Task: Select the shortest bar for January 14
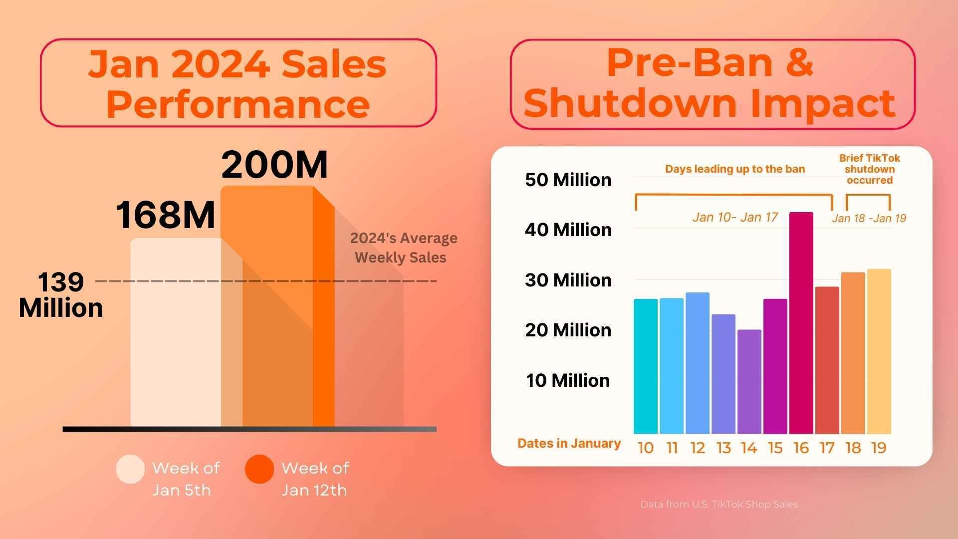point(749,382)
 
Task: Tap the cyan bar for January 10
point(645,366)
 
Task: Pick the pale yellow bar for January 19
point(879,351)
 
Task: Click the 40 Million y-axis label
point(568,230)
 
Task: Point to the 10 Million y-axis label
point(568,381)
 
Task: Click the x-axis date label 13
point(723,448)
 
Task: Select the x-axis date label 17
point(827,448)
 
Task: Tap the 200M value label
point(274,165)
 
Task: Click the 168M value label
point(166,215)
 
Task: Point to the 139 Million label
point(61,295)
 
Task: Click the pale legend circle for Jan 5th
point(130,469)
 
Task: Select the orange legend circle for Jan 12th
point(259,469)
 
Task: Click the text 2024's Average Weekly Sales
point(403,248)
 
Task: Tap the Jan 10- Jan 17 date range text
point(735,217)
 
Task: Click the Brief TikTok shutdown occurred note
point(869,169)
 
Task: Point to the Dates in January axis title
point(569,443)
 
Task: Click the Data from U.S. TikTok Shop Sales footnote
point(718,505)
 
